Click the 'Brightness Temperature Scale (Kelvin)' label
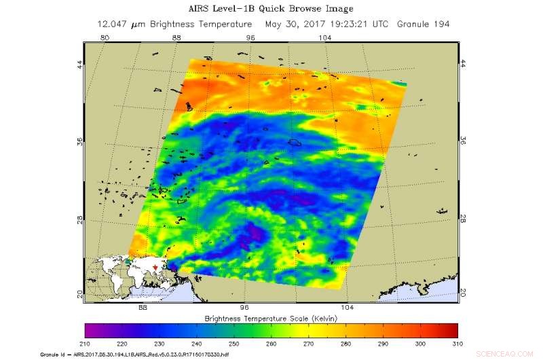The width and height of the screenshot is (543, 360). tap(271, 317)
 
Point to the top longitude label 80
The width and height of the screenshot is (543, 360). tap(105, 39)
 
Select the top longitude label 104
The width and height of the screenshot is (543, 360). tap(325, 39)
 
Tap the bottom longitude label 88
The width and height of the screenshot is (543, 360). tap(143, 307)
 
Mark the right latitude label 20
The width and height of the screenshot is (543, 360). tap(464, 293)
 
